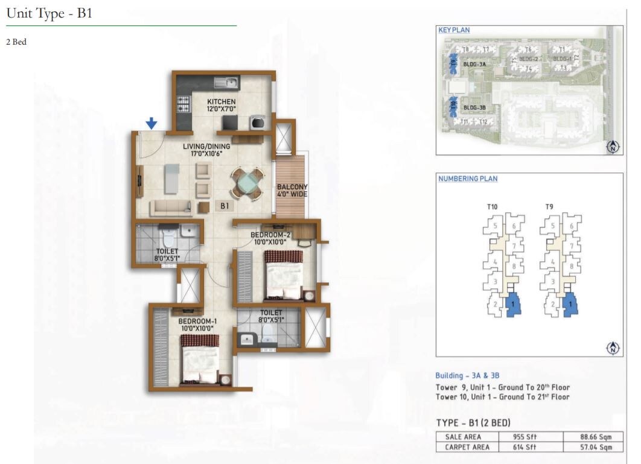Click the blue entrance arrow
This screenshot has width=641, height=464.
(x=151, y=123)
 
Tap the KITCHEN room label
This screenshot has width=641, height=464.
(x=222, y=101)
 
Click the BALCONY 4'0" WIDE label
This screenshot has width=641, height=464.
(x=292, y=191)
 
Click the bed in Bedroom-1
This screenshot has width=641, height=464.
(x=199, y=360)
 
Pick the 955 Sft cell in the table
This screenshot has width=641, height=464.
(x=529, y=436)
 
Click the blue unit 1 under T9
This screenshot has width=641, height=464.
(x=570, y=305)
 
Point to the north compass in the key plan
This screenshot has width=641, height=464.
(x=613, y=147)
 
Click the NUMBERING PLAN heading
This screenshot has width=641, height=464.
(x=468, y=179)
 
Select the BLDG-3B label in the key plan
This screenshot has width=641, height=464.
(x=474, y=108)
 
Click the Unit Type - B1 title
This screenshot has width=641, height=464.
(x=49, y=13)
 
